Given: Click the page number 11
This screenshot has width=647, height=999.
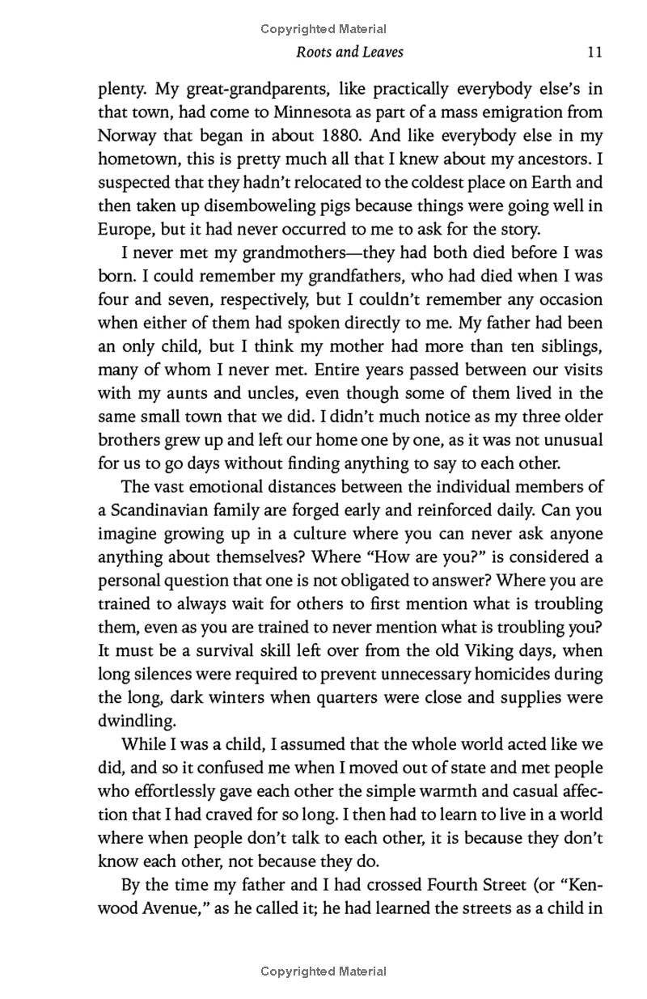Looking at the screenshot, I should tap(594, 53).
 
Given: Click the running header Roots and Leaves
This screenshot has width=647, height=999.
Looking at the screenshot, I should tap(350, 53).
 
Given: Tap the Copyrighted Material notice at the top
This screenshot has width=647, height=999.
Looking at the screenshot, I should tap(323, 29).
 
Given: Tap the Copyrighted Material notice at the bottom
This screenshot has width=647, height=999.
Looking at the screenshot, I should tap(323, 971).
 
